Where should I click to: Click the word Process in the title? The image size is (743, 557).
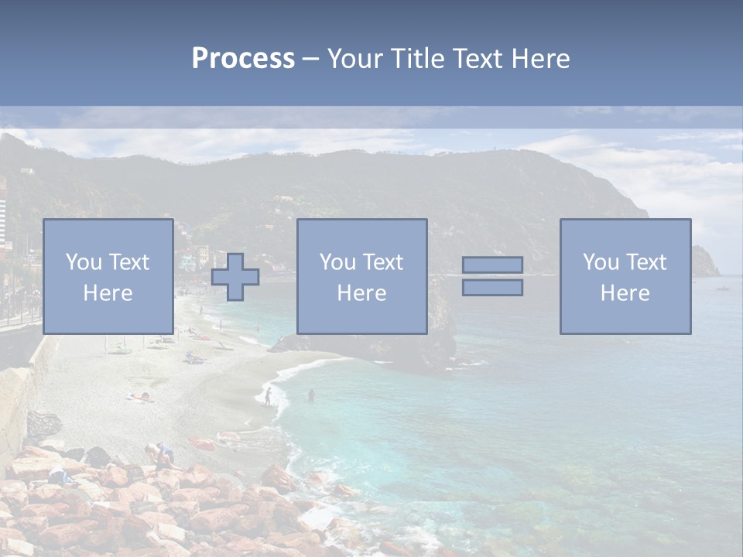[x=243, y=59]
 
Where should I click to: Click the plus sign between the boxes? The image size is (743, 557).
[x=235, y=277]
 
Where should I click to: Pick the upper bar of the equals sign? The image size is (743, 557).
[x=492, y=265]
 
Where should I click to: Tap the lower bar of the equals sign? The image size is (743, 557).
[x=492, y=288]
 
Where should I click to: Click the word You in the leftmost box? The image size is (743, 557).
[x=83, y=262]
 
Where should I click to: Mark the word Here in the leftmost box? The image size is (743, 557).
[x=108, y=293]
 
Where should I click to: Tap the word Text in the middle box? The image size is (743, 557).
[x=383, y=262]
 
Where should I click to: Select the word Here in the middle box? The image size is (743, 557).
[x=361, y=293]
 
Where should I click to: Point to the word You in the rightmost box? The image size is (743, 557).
[x=600, y=262]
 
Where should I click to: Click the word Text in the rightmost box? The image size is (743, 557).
[x=646, y=262]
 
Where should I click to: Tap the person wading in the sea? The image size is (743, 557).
[x=311, y=395]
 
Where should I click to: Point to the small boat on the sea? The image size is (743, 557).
[x=723, y=289]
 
